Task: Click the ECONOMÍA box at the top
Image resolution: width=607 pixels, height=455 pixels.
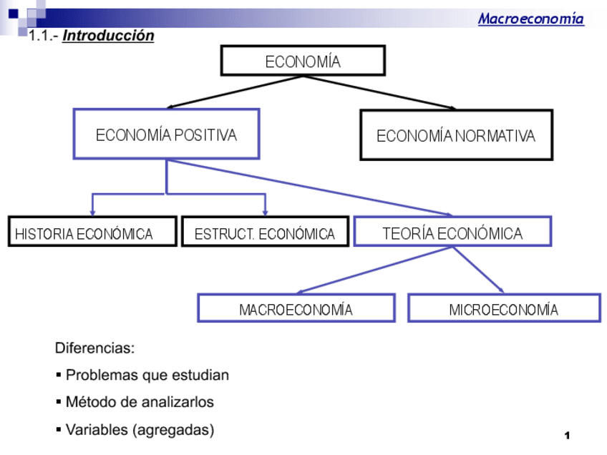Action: [303, 61]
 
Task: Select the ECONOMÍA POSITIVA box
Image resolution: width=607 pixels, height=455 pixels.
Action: [166, 134]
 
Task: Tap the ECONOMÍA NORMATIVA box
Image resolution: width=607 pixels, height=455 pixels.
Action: [456, 135]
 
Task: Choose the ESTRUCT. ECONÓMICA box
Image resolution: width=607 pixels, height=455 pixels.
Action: [265, 233]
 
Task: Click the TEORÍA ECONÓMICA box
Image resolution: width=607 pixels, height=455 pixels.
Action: [452, 232]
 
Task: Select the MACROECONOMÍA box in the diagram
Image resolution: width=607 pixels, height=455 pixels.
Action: [296, 308]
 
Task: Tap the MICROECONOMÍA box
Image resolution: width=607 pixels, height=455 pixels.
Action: [504, 308]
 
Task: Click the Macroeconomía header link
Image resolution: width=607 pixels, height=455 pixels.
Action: [530, 19]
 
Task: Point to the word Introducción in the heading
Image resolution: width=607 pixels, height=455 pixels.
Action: [108, 36]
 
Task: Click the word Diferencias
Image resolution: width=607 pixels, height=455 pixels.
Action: [94, 348]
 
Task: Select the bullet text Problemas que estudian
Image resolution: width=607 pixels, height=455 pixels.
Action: [147, 375]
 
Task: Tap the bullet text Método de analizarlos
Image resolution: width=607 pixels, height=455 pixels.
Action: [140, 402]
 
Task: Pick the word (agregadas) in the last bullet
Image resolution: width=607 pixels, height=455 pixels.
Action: [173, 430]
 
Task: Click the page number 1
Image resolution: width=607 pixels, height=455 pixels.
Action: [567, 436]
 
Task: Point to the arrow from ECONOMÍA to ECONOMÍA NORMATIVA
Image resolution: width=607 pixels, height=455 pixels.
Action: [379, 92]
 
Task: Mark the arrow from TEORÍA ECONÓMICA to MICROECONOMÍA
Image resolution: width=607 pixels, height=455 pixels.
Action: [478, 270]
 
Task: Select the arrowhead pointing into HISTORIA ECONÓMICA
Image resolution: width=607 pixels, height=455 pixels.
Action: [92, 211]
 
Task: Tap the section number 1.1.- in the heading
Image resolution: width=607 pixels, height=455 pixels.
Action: [44, 36]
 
